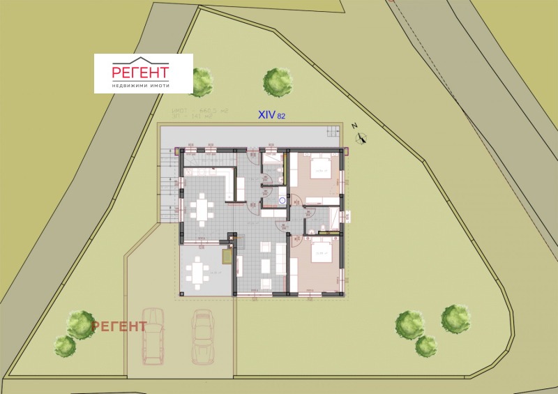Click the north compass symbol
pos(360,137)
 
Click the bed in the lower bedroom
pos(319,259)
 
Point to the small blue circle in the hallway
pos(282,200)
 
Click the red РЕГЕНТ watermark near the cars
pos(119,326)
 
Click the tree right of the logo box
pos(202,82)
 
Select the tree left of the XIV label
pos(278,81)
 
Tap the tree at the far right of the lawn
pos(456,319)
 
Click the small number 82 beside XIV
pos(281,116)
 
